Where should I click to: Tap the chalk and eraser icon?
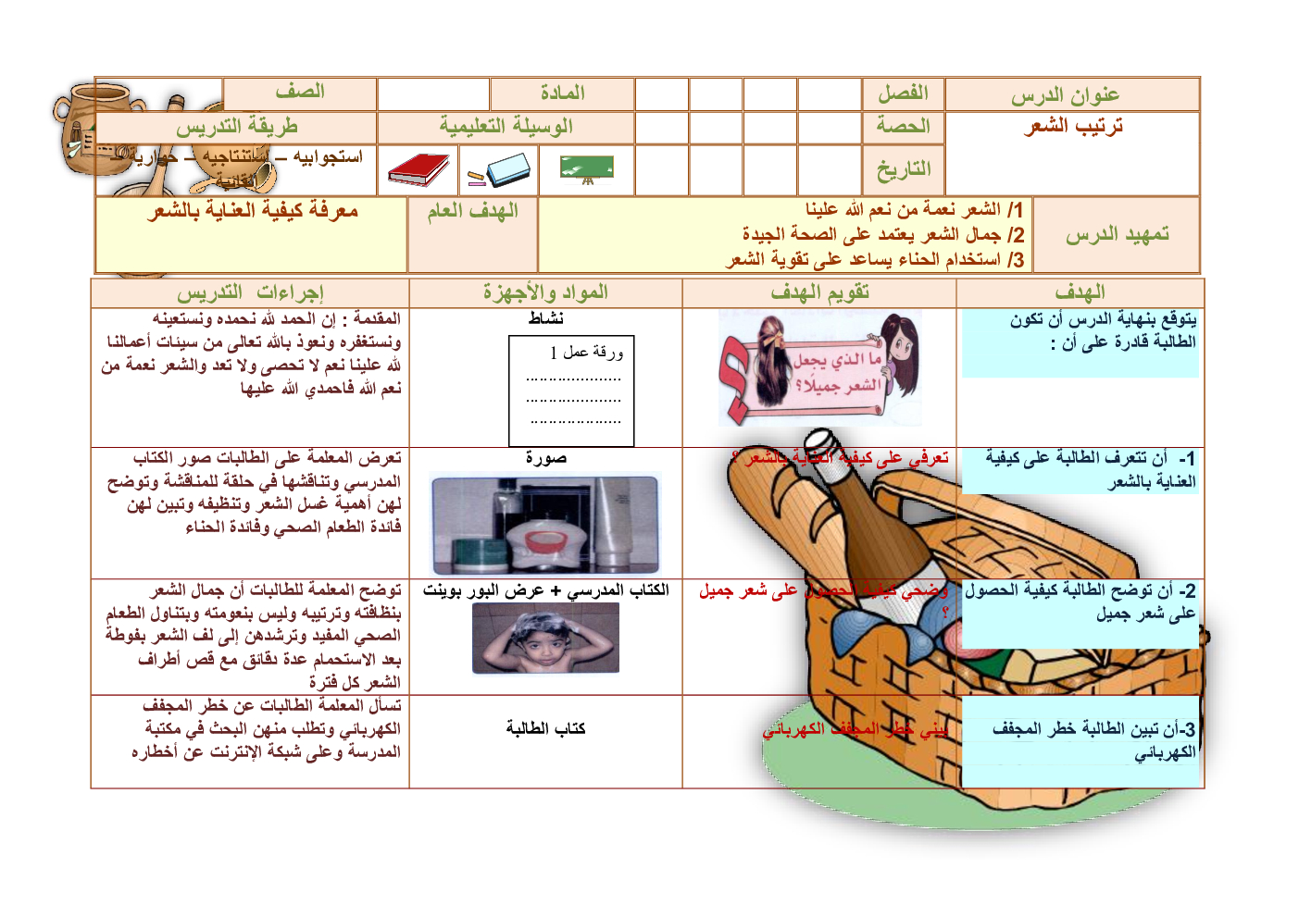click(x=500, y=170)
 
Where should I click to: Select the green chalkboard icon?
click(x=587, y=168)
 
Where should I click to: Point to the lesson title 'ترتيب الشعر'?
click(x=1073, y=126)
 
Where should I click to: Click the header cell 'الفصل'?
click(x=903, y=93)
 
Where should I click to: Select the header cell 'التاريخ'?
click(x=903, y=169)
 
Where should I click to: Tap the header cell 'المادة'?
click(x=562, y=93)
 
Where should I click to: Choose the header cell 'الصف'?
click(x=300, y=93)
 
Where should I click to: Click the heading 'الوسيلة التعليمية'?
click(x=506, y=127)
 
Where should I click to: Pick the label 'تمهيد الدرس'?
click(x=1117, y=235)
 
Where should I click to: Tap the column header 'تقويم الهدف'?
click(x=819, y=293)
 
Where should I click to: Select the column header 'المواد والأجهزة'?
click(x=545, y=293)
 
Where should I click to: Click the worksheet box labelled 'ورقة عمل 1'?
click(x=571, y=390)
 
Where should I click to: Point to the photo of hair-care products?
click(x=545, y=525)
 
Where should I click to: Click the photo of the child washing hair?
click(x=545, y=639)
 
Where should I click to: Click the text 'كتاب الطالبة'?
click(x=545, y=729)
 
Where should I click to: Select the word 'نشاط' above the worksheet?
click(x=545, y=319)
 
